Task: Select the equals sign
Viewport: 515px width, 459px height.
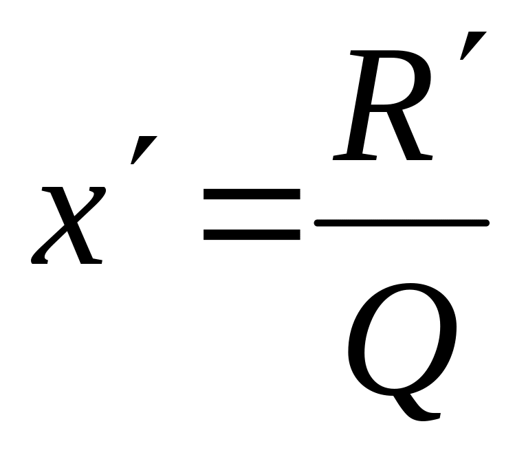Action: click(x=252, y=215)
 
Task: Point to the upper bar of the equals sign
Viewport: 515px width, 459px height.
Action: click(x=252, y=196)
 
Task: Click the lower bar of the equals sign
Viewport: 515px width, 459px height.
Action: click(x=252, y=234)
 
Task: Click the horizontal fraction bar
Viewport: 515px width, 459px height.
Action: click(x=402, y=223)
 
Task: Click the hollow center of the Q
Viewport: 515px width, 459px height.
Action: click(x=402, y=337)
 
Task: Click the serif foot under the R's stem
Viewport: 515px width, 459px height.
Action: click(x=351, y=158)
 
